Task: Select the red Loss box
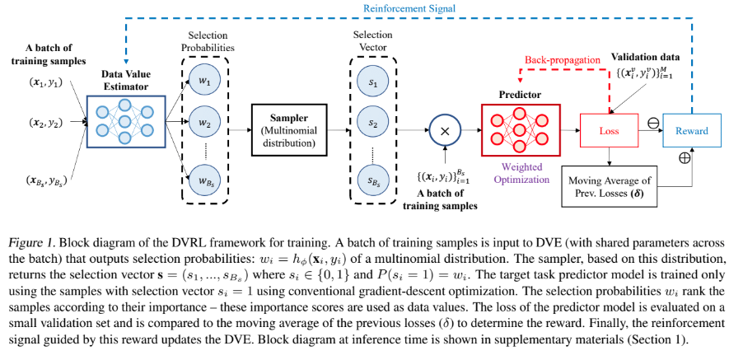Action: pos(609,130)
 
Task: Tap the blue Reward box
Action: pos(691,130)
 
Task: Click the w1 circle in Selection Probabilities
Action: pos(205,82)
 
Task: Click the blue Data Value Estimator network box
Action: pos(127,124)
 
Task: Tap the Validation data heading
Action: pos(645,56)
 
